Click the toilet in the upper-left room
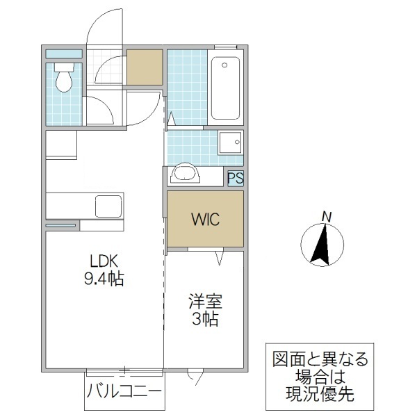click(64, 79)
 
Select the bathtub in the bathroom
click(225, 88)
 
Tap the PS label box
click(236, 178)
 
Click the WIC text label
click(205, 220)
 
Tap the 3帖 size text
click(204, 320)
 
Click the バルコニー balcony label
click(125, 393)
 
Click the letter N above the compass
click(327, 216)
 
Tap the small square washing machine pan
click(230, 143)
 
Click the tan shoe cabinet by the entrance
click(144, 67)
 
